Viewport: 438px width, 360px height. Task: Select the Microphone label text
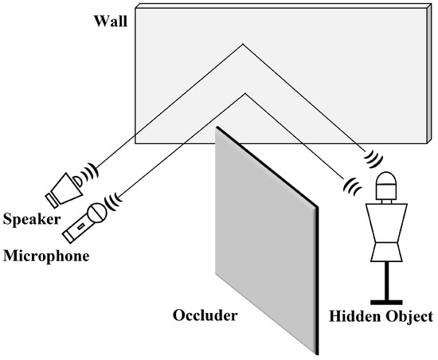tap(45, 256)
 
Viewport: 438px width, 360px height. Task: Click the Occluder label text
tap(205, 315)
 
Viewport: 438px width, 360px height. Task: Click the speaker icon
tap(65, 186)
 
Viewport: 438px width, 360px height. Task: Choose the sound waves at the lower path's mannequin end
tap(351, 185)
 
